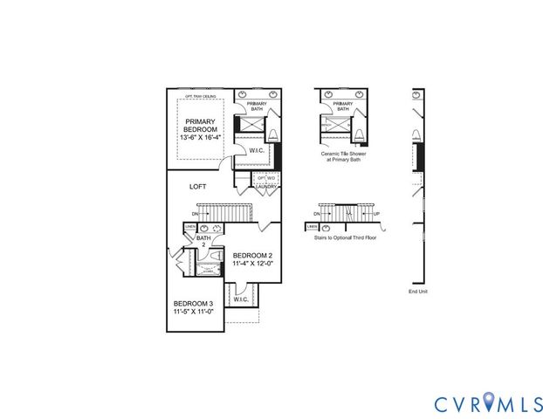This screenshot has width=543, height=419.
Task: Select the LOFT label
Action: [x=197, y=186]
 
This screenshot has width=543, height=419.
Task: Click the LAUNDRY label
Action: [x=267, y=186]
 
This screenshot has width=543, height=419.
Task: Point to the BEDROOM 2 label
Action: [x=254, y=255]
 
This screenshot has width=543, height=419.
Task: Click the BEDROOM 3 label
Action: [x=193, y=304]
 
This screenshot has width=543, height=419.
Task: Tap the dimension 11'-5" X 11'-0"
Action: [x=193, y=312]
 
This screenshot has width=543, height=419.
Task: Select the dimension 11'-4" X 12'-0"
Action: [x=253, y=264]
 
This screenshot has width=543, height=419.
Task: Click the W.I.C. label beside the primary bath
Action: [x=257, y=150]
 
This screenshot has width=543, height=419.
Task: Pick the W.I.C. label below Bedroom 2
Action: [x=241, y=299]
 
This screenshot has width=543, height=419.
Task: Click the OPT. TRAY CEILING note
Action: [x=200, y=96]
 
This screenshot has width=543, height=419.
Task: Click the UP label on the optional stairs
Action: [x=377, y=213]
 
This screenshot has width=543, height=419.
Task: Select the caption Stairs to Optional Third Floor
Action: [x=343, y=237]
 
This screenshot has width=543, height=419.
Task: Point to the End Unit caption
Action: [x=418, y=292]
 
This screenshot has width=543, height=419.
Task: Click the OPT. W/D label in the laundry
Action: [x=266, y=178]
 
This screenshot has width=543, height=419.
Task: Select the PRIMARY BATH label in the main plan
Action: [x=257, y=106]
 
